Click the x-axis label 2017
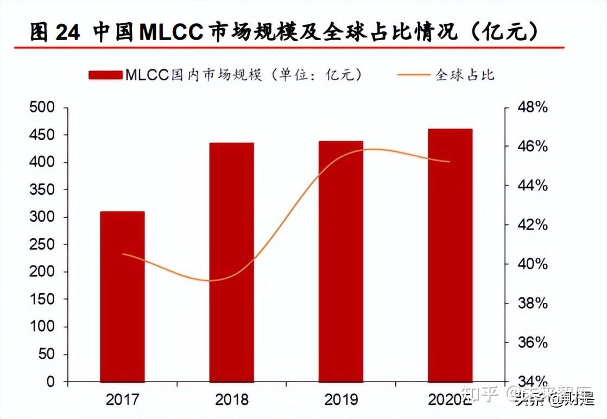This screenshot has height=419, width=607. point(122,401)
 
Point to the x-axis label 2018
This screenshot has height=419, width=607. point(232,401)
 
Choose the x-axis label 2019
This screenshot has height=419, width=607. point(341,401)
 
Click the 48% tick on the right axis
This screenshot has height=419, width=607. point(533,107)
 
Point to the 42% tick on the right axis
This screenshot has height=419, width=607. point(533,225)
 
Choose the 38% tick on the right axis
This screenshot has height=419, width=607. point(533,303)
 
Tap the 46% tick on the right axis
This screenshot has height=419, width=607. point(533,147)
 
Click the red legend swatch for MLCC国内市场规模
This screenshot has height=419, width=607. point(106,75)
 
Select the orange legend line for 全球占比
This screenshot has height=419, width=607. point(413,75)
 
